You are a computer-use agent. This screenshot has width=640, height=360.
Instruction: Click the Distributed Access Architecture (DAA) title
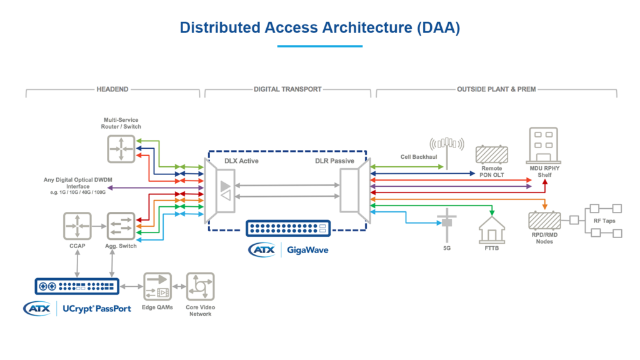[x=319, y=27]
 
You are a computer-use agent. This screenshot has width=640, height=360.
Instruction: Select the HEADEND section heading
[x=112, y=89]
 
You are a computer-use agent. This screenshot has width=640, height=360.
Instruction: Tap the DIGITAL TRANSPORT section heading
[x=287, y=89]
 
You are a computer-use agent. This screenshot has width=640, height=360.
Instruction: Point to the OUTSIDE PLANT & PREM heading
[x=496, y=89]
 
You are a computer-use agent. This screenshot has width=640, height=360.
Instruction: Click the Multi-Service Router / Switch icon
[x=121, y=149]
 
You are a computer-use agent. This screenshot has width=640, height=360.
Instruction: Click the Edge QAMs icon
[x=157, y=287]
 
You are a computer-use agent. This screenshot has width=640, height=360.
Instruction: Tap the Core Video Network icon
[x=200, y=287]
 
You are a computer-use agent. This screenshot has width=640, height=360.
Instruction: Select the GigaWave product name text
[x=307, y=250]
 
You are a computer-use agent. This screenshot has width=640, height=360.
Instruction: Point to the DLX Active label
[x=241, y=161]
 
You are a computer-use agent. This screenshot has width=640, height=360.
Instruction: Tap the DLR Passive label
[x=334, y=161]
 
